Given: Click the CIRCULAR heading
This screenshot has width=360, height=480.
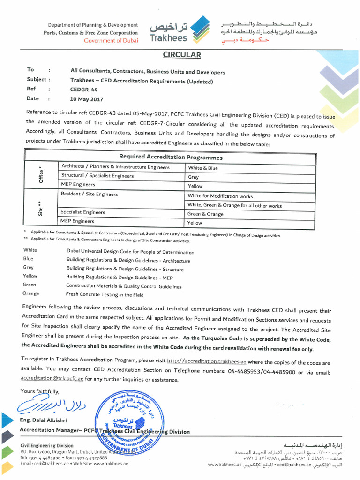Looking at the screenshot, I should point(182,55).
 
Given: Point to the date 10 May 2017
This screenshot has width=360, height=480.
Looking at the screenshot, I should point(86,99).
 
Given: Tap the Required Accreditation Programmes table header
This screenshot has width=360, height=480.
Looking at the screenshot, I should point(171,157).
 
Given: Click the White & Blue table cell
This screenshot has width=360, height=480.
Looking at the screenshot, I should point(203,168).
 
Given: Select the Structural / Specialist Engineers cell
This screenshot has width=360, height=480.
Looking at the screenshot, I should point(97,176).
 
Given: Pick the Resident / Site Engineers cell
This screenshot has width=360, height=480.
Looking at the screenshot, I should point(90,194).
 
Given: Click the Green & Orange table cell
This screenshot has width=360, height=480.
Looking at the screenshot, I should point(205,214).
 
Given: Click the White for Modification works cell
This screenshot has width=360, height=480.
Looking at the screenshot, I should point(220,196).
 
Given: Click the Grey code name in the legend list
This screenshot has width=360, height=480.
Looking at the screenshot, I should point(28,267).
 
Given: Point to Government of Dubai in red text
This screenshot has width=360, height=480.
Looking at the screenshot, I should point(111,41).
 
